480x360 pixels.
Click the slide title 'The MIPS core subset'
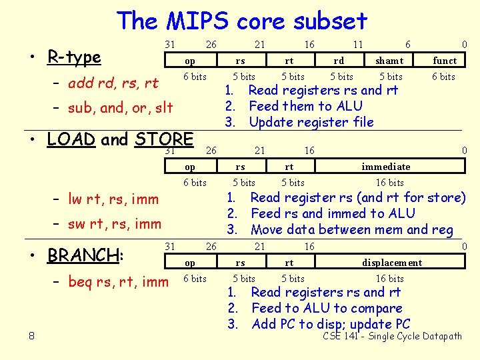241,21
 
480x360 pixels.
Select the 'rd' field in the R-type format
339,61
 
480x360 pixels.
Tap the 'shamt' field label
389,61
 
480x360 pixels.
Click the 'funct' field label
445,61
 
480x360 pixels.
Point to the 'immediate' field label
386,166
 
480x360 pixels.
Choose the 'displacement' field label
392,263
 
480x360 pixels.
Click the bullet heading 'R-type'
74,57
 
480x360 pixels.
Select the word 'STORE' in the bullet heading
163,139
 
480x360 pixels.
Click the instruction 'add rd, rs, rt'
113,83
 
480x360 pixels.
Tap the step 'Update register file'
311,122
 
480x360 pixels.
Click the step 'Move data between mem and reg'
351,230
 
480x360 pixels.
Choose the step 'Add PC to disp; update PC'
331,324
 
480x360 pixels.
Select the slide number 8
32,336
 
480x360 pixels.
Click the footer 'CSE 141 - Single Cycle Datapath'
392,336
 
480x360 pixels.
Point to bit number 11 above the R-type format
358,44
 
